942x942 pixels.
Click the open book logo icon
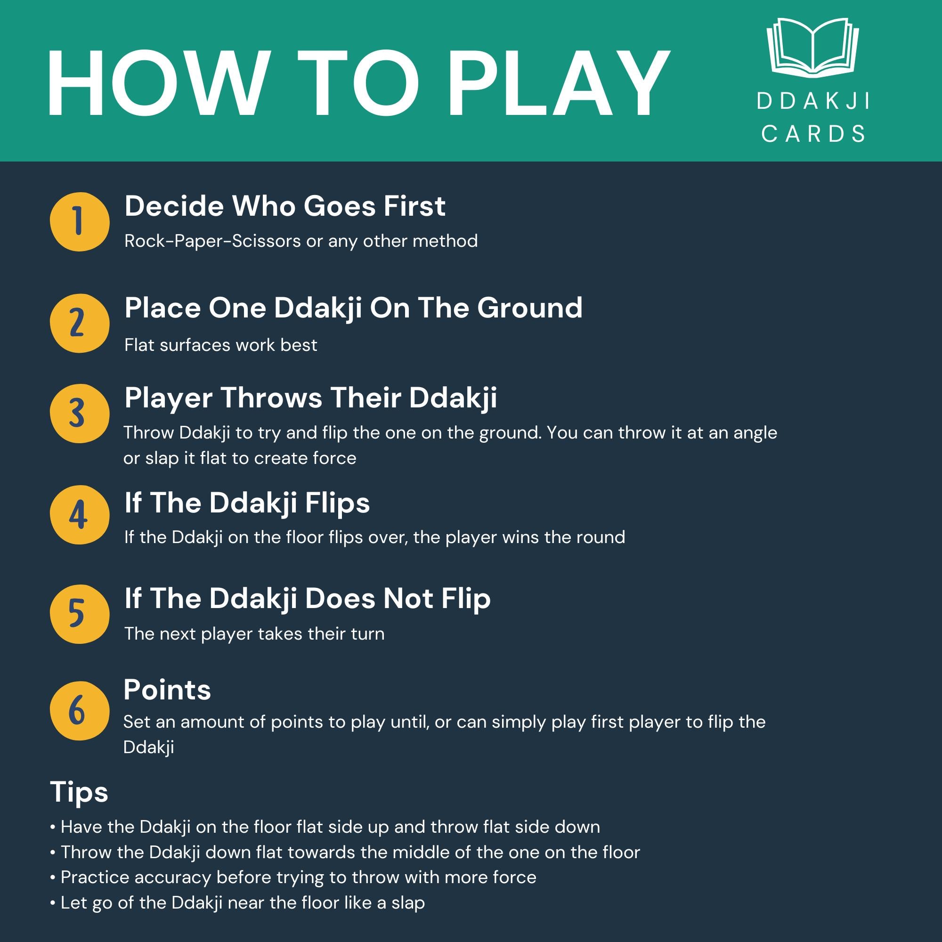click(x=812, y=48)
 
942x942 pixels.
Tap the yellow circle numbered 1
click(x=80, y=222)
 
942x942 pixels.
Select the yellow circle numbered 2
click(x=80, y=323)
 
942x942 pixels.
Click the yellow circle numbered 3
click(x=80, y=414)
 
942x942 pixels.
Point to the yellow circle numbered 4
click(x=80, y=515)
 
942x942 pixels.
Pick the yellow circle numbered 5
click(x=80, y=614)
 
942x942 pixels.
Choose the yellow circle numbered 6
click(x=80, y=710)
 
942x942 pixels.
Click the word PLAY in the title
click(x=559, y=83)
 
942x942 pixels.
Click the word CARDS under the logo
click(x=813, y=134)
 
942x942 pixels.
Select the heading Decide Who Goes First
click(x=285, y=206)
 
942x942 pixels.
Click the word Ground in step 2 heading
click(x=529, y=308)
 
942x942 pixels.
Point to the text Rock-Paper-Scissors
click(x=212, y=241)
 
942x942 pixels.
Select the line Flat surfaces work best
click(x=220, y=345)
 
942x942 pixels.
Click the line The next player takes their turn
click(x=254, y=634)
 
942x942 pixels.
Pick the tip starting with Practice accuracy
click(x=293, y=877)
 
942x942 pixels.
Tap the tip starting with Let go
click(x=237, y=903)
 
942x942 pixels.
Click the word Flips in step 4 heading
click(x=337, y=503)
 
